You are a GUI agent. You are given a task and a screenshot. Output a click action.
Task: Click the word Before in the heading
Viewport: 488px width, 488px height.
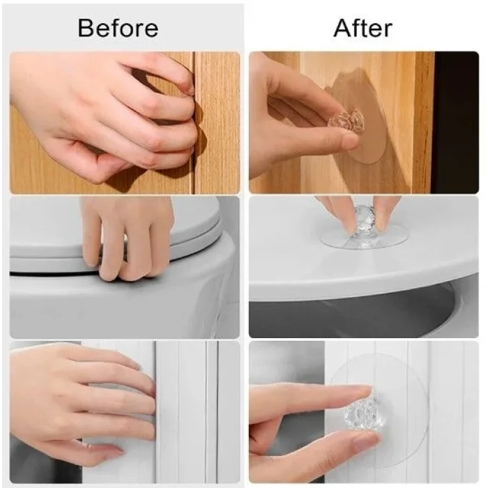point(118,28)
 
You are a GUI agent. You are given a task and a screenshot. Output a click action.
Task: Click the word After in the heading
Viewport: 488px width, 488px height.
point(363,28)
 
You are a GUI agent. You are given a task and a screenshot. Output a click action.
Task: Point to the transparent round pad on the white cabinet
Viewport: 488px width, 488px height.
point(380,411)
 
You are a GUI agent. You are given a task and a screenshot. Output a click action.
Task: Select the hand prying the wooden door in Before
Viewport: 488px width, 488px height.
point(106,119)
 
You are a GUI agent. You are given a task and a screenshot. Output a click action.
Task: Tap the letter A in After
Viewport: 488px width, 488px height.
point(343,28)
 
